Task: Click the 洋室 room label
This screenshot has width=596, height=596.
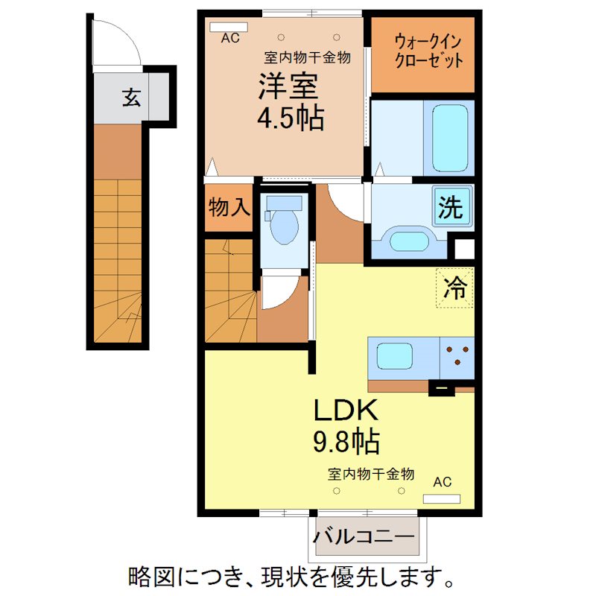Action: pos(289,88)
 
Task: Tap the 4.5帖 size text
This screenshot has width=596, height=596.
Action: pos(291,118)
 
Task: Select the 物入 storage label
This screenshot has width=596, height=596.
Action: pos(228,206)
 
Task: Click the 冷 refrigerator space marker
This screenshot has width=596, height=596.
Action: pos(455,288)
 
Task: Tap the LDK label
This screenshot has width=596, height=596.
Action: pos(346,411)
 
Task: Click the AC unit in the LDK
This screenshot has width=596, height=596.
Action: pos(442,498)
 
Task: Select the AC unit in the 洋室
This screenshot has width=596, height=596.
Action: pos(229,28)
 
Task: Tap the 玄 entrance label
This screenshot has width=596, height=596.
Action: pos(131,98)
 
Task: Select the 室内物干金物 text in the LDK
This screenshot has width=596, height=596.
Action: pos(370,474)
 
